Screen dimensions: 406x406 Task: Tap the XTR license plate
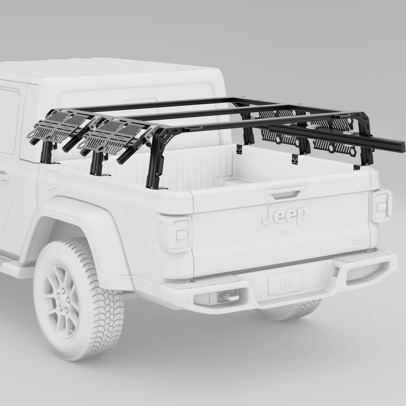[x=285, y=280]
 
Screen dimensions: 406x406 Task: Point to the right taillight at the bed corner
[x=381, y=204]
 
